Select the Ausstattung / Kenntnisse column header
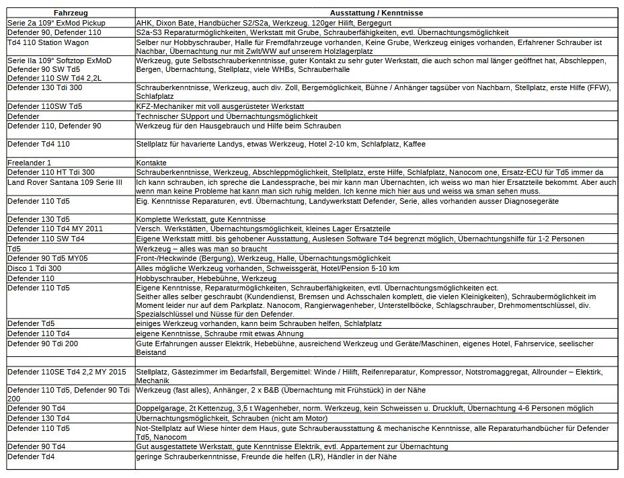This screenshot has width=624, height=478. coord(377,13)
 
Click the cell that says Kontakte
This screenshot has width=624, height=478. coord(152,163)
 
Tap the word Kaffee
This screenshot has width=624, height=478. coord(412,144)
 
